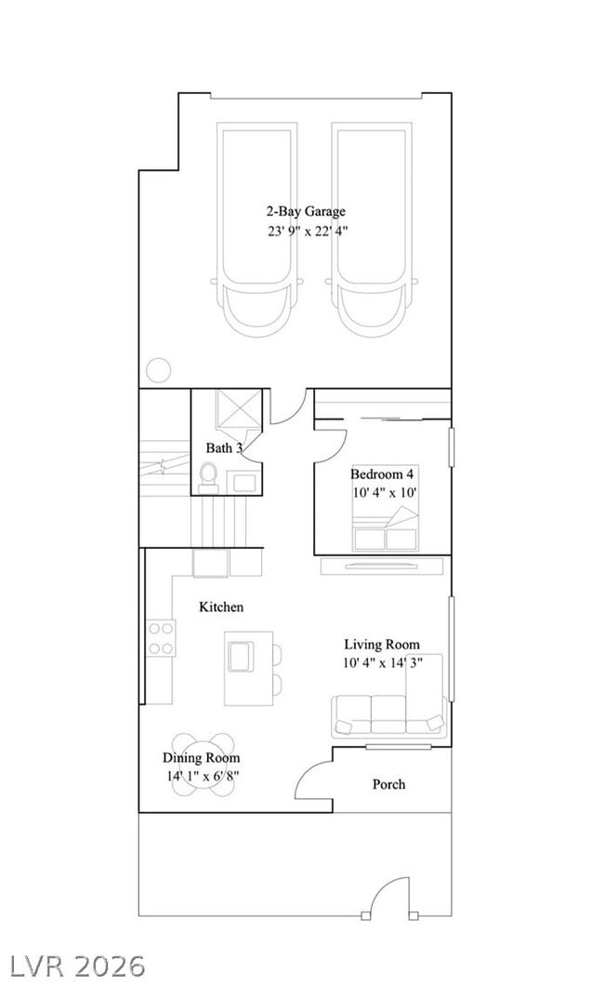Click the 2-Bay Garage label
306,211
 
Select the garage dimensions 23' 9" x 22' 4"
307,232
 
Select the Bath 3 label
224,448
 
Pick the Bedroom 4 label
382,473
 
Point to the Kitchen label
221,607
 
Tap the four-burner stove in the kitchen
161,638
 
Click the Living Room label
381,644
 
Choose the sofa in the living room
387,715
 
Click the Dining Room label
202,758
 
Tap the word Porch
388,784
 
